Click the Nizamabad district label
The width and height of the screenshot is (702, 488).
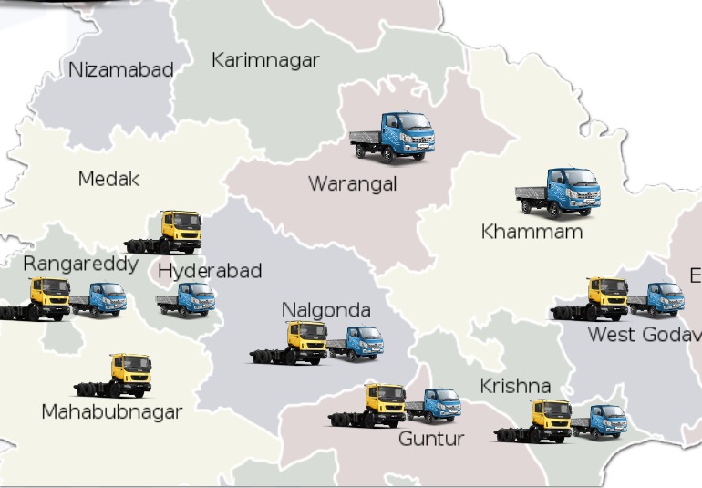[x=120, y=70]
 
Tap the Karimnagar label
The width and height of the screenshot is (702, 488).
[x=265, y=60]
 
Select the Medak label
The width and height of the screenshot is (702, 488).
[x=109, y=179]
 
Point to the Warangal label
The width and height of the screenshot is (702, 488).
[x=352, y=184]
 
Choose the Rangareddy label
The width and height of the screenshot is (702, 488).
[x=80, y=265]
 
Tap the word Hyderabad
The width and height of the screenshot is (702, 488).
[x=210, y=271]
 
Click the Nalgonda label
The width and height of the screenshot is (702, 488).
[x=325, y=311]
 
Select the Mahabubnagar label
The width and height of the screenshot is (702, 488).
[x=112, y=412]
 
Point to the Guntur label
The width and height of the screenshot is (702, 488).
[x=431, y=439]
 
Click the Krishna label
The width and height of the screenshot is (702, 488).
[x=515, y=387]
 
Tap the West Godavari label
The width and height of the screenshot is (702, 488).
[x=644, y=335]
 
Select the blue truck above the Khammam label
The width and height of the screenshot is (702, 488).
[x=557, y=192]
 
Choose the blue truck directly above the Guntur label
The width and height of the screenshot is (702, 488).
[x=433, y=405]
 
